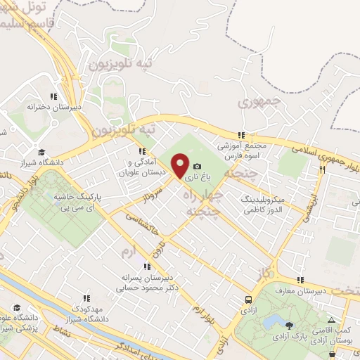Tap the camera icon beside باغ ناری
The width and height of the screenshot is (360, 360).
click(198, 167)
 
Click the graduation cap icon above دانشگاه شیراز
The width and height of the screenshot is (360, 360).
click(41, 151)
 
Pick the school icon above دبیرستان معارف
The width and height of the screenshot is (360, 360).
click(300, 281)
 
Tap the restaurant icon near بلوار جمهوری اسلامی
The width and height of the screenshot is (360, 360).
click(324, 169)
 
